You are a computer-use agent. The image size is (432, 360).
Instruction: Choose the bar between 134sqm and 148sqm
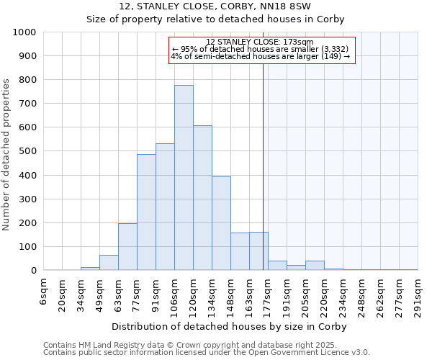[x=221, y=223]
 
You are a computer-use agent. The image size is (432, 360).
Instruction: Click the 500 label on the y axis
[x=28, y=151]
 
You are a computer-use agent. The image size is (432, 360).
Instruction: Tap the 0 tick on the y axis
[x=34, y=271]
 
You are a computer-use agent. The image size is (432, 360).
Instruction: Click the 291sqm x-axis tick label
[x=418, y=297]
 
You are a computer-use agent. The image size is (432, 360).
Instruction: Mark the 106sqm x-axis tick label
[x=175, y=297]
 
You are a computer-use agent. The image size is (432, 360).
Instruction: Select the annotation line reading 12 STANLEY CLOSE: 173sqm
[x=259, y=42]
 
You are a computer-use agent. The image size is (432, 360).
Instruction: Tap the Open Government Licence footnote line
[x=207, y=352]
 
